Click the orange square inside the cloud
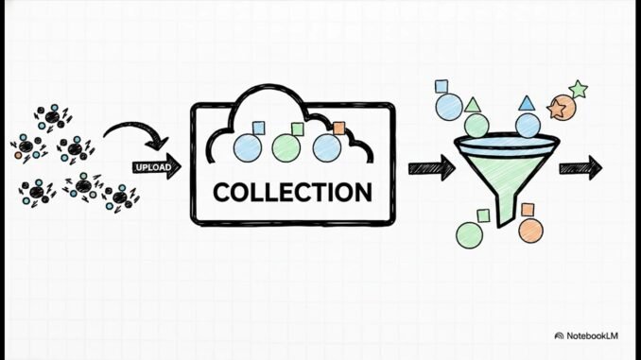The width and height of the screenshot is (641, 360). [x=339, y=128]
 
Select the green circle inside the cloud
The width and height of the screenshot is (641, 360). [x=286, y=147]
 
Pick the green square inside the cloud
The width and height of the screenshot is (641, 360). [x=298, y=128]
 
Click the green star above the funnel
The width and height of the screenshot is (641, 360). [x=579, y=90]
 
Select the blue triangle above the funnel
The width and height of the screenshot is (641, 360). [x=527, y=103]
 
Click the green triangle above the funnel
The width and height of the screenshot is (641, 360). [x=472, y=106]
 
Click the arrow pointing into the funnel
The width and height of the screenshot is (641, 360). [x=430, y=169]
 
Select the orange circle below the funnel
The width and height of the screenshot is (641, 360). [x=530, y=230]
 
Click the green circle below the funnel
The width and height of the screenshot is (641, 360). [x=470, y=235]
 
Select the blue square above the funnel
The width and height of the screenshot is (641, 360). [x=441, y=87]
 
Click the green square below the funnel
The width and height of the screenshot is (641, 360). [x=483, y=216]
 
